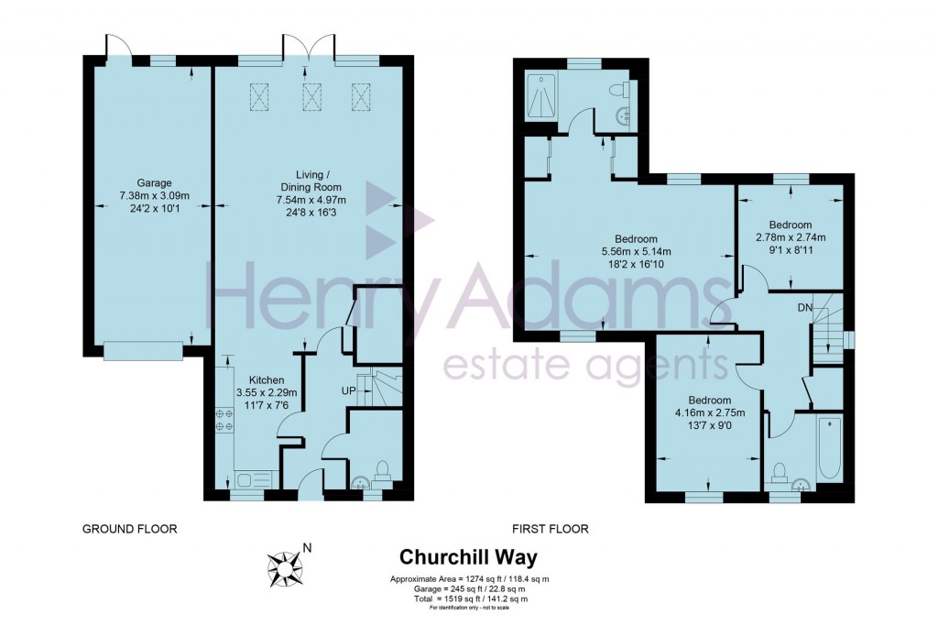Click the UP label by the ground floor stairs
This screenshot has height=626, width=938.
click(x=349, y=391)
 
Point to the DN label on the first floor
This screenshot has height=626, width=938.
click(x=804, y=306)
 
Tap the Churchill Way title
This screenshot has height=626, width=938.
click(x=468, y=557)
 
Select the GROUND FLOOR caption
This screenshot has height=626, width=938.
click(x=129, y=529)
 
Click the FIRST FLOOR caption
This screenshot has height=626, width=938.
click(x=551, y=529)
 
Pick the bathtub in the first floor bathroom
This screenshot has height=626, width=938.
click(x=828, y=448)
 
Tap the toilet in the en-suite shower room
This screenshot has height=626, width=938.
click(x=626, y=90)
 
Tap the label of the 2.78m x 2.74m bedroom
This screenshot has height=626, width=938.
click(x=790, y=225)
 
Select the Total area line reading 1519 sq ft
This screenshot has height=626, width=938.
click(x=468, y=599)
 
